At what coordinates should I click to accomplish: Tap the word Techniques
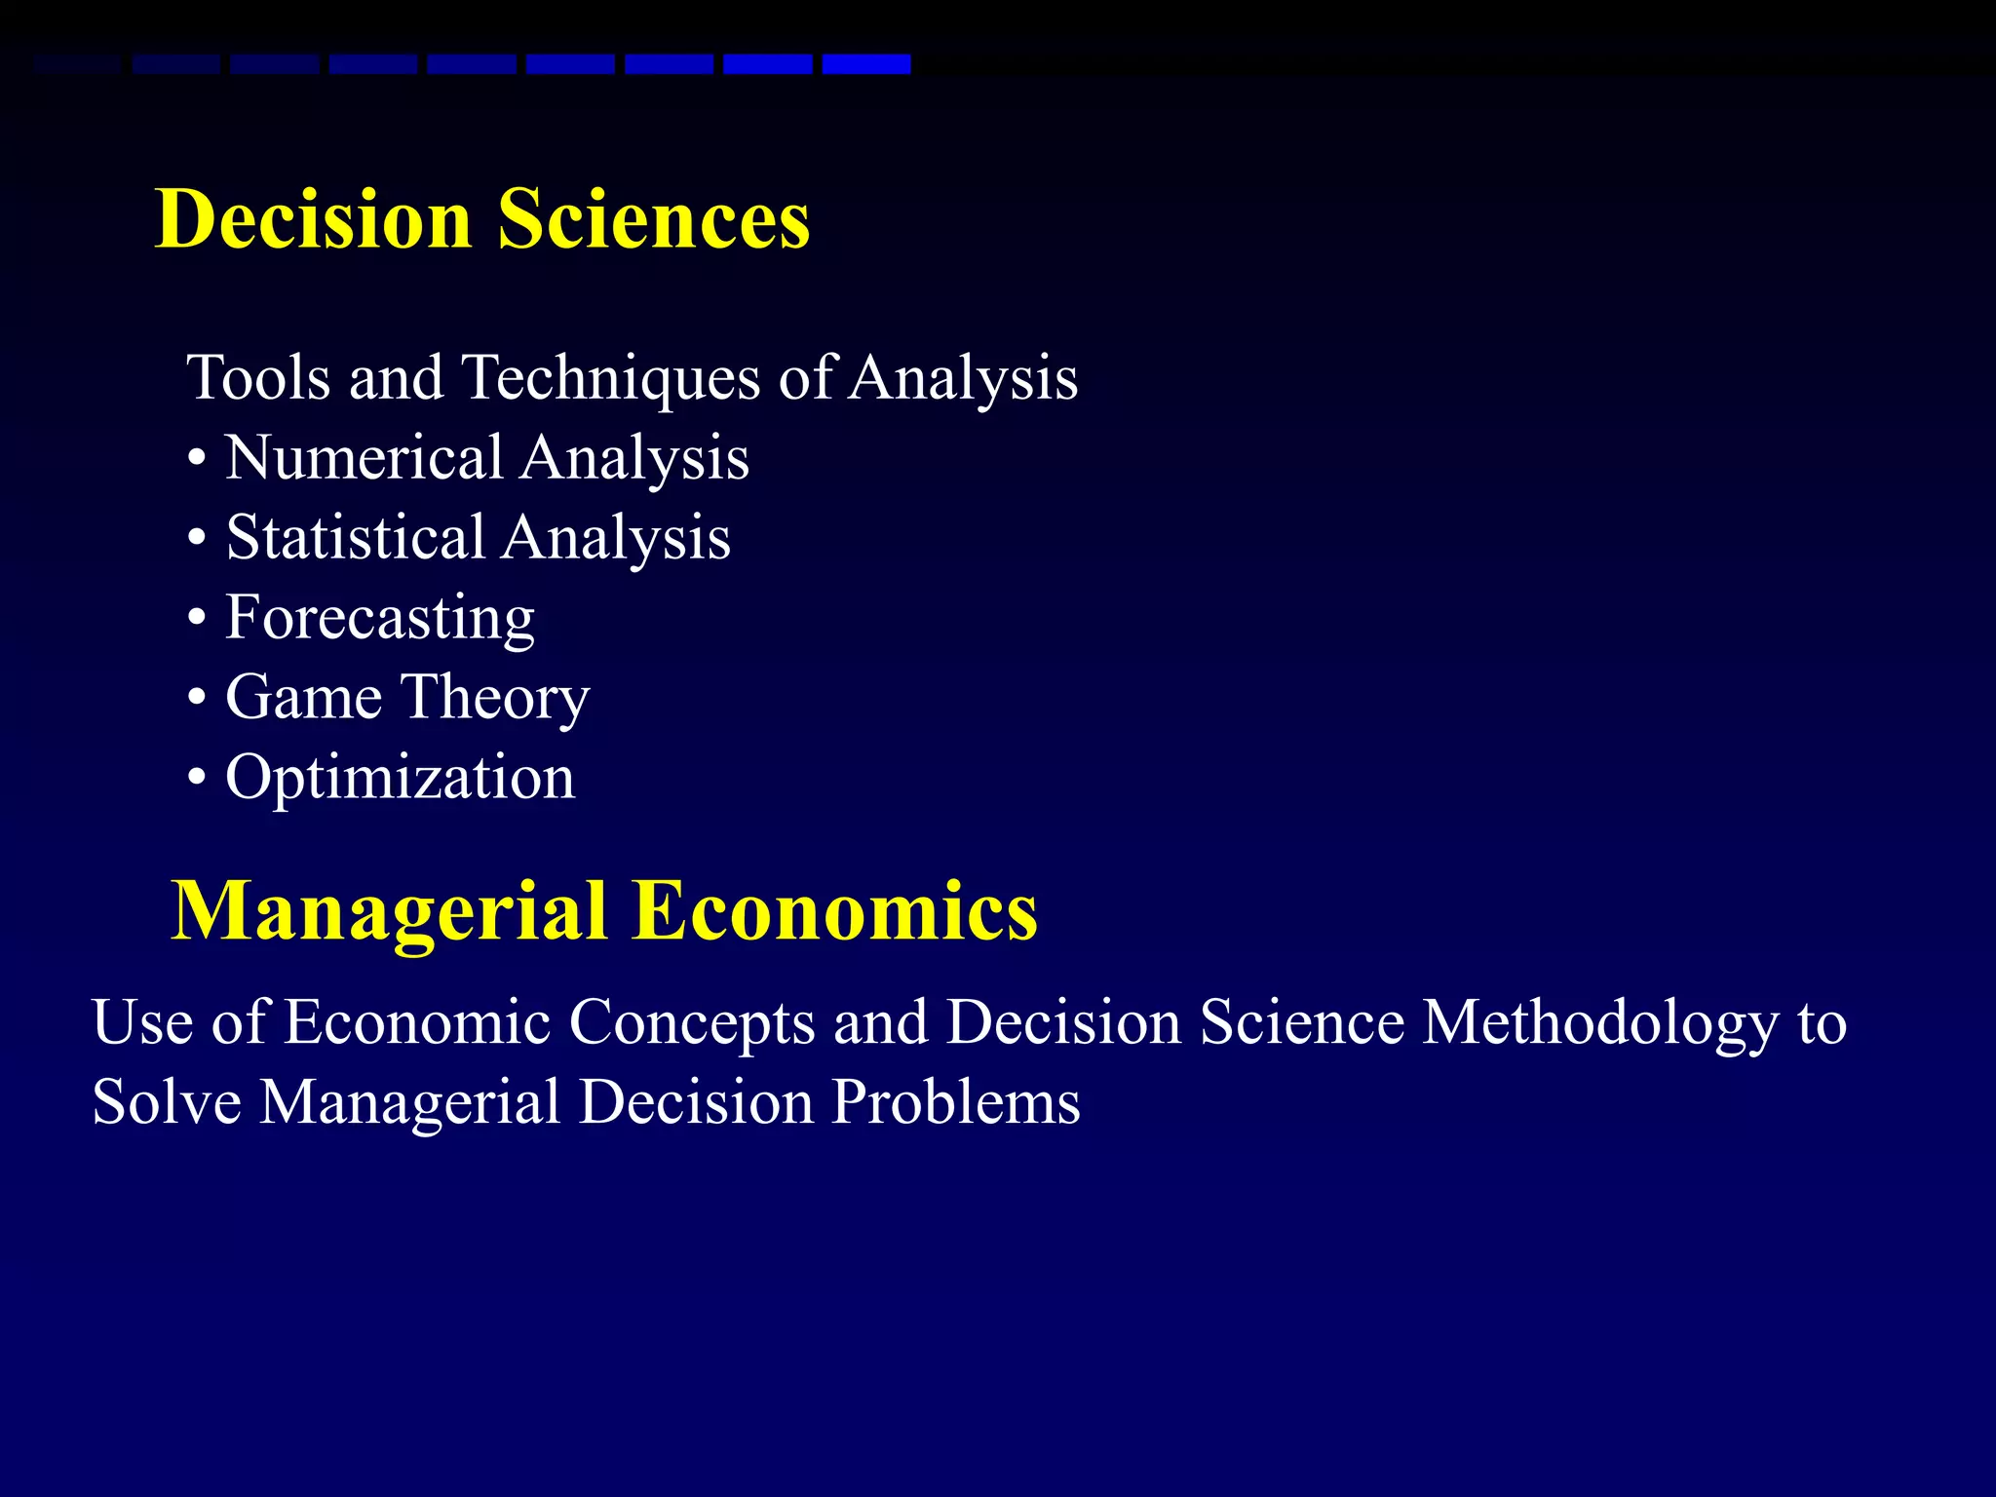point(610,380)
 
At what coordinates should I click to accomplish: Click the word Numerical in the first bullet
point(365,458)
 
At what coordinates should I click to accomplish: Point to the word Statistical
point(356,538)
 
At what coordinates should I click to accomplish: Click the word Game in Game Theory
point(303,698)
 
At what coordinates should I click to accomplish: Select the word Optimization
point(401,779)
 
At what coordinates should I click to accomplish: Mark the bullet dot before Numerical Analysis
point(198,460)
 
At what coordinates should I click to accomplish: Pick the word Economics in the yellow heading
point(835,910)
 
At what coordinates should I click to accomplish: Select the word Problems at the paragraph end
point(955,1103)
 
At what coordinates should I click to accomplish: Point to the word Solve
point(167,1103)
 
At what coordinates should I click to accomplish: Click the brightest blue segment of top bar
point(866,64)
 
